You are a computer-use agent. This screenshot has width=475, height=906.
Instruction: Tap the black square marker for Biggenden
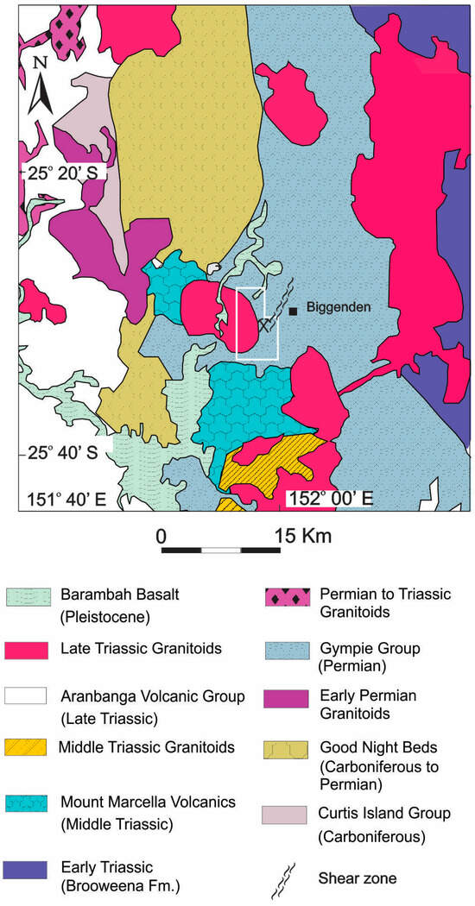pyautogui.click(x=294, y=311)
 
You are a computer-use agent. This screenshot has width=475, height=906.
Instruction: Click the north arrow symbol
pyautogui.click(x=41, y=85)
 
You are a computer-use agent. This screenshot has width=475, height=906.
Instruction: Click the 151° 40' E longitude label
pyautogui.click(x=63, y=498)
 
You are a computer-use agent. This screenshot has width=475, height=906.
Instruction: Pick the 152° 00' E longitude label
pyautogui.click(x=328, y=498)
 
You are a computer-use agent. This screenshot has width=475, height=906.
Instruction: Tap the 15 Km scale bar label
pyautogui.click(x=302, y=536)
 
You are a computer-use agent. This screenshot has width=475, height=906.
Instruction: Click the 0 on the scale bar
pyautogui.click(x=161, y=536)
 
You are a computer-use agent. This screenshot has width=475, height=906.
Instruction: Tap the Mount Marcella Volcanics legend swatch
pyautogui.click(x=27, y=802)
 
